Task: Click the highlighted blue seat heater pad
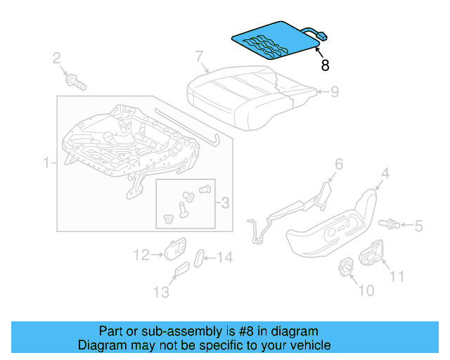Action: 275,39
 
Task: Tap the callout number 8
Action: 324,65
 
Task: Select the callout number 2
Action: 57,58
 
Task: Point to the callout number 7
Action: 199,56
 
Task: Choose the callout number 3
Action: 224,203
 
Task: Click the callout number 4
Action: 385,172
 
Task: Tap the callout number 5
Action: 418,226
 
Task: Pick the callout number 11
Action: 397,277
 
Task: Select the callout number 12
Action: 142,255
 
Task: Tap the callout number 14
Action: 224,258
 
